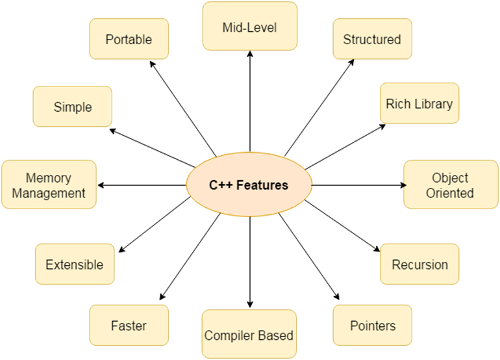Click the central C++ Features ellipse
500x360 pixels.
[x=249, y=185]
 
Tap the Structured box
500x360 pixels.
[x=372, y=39]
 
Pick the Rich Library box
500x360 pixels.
[x=419, y=103]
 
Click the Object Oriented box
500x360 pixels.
[x=451, y=185]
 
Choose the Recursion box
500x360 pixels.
[x=419, y=264]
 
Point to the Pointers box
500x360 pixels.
[x=372, y=326]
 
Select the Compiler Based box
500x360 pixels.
[x=249, y=335]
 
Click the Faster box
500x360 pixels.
[x=129, y=326]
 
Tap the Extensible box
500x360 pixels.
[x=74, y=264]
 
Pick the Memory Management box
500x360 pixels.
[x=49, y=185]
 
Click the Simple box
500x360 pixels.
[x=73, y=107]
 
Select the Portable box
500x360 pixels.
[x=129, y=39]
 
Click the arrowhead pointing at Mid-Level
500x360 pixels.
[x=250, y=55]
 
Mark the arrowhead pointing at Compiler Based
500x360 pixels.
[x=250, y=304]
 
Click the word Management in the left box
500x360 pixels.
[x=49, y=193]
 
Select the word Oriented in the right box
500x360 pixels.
[x=451, y=193]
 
